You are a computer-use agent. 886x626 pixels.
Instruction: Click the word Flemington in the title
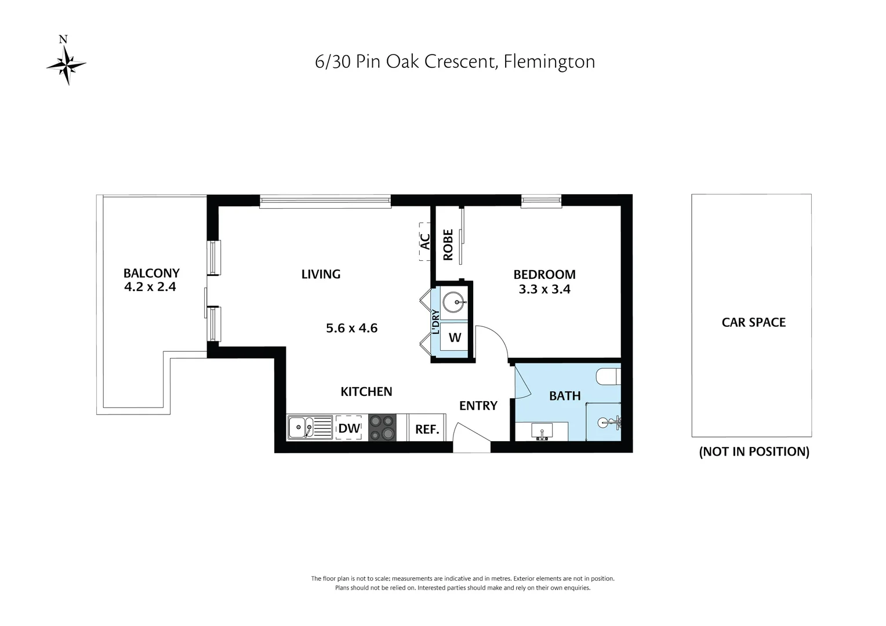(x=549, y=61)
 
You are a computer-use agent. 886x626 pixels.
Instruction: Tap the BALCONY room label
(x=151, y=273)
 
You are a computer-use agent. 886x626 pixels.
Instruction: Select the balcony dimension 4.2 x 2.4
(x=150, y=287)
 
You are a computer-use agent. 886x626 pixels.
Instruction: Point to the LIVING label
(x=321, y=274)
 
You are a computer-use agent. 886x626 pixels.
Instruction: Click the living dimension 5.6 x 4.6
(x=351, y=328)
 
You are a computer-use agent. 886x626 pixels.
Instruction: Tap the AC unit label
(x=425, y=241)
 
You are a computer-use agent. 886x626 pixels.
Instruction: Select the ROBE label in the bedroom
(x=448, y=245)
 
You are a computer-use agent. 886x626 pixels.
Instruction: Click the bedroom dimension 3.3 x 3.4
(x=544, y=289)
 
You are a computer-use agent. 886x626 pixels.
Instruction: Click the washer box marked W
(x=455, y=337)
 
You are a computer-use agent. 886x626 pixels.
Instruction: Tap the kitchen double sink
(x=310, y=428)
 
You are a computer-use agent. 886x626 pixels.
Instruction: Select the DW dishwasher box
(x=350, y=428)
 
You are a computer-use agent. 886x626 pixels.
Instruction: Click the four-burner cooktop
(x=382, y=428)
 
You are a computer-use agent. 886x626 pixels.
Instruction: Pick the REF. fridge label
(x=427, y=430)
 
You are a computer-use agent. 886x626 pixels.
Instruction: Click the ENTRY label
(x=478, y=406)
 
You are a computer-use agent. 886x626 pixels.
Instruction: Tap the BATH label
(x=565, y=396)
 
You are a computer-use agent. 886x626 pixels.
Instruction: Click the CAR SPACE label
(x=753, y=322)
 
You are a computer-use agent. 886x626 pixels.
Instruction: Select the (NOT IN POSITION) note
(x=754, y=452)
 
